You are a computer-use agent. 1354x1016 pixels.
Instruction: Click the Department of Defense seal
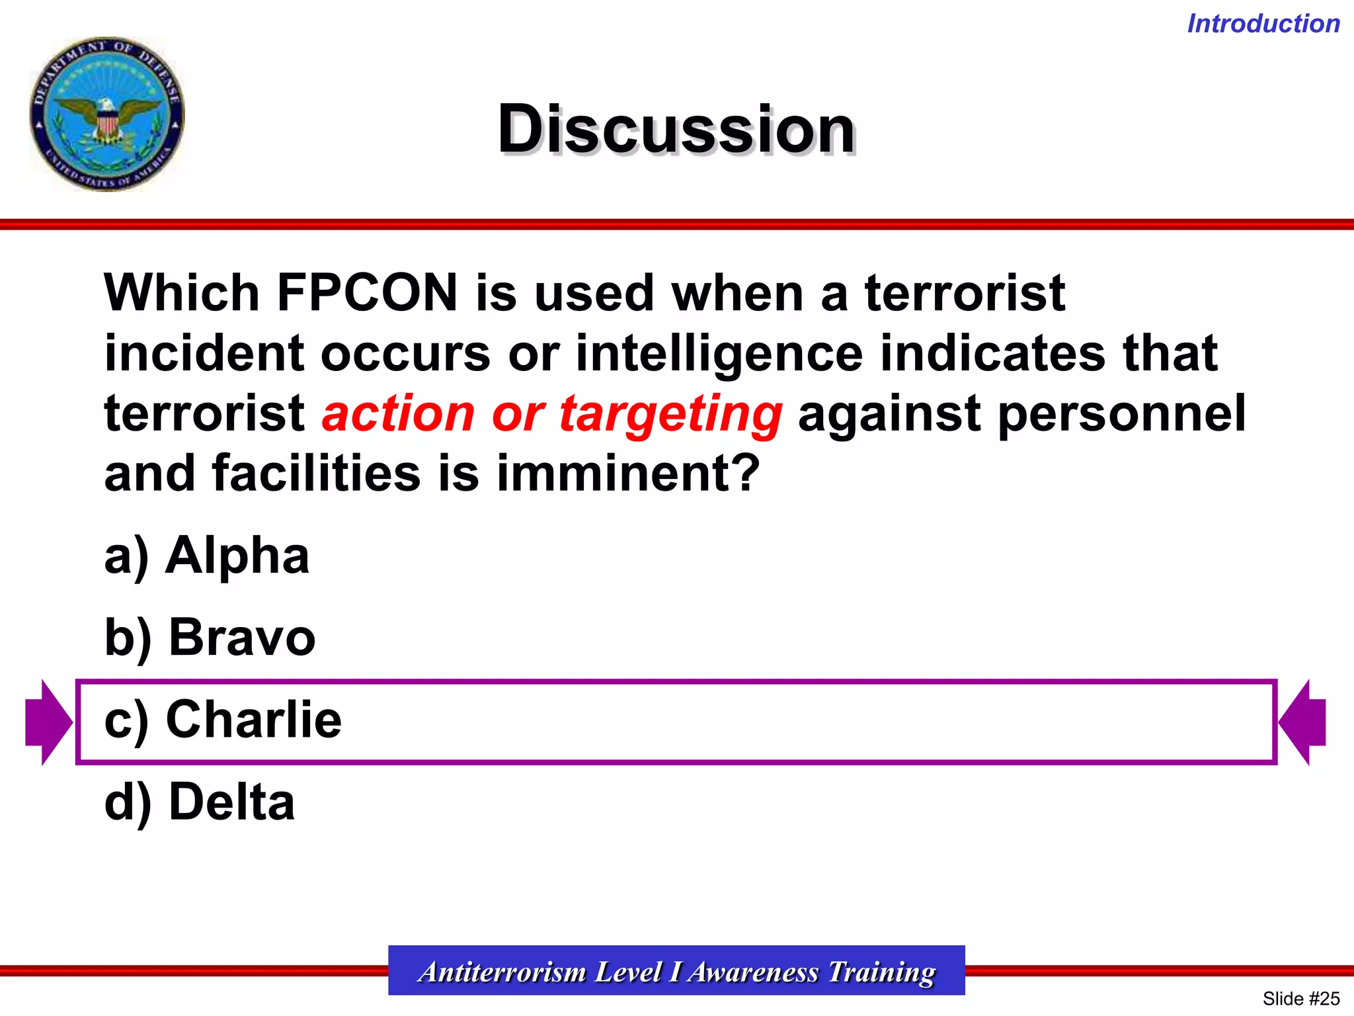(107, 114)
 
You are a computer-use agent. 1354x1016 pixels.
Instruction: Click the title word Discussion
(676, 129)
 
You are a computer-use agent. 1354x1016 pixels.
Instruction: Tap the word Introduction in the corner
(1263, 24)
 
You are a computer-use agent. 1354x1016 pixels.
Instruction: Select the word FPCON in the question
(367, 292)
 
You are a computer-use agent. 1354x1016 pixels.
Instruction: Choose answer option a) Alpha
(207, 556)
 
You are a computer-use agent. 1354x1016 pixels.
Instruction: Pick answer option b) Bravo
(210, 638)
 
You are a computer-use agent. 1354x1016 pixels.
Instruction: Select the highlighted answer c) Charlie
(223, 720)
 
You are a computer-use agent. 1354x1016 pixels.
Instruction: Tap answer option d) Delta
(200, 802)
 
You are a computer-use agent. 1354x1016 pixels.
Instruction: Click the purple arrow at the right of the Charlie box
(1302, 722)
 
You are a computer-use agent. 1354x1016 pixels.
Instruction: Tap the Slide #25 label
(1300, 998)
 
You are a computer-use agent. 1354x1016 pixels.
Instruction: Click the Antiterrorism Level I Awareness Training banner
(676, 971)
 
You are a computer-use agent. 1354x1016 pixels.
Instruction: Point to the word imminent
(627, 474)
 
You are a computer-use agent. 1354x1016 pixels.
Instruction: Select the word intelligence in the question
(719, 353)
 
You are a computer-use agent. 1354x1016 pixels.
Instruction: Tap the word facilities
(316, 474)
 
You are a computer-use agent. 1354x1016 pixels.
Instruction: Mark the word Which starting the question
(182, 292)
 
